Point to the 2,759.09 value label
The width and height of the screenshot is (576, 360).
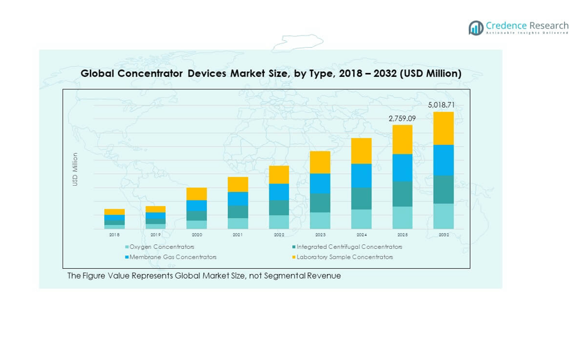[402, 118]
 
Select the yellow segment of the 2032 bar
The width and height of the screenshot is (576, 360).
[444, 128]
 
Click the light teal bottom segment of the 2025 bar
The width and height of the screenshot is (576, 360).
[402, 218]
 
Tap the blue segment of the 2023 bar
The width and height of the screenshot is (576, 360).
[320, 183]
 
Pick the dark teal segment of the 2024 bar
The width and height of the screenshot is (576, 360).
[361, 198]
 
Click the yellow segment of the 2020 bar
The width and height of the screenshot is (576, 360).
[197, 194]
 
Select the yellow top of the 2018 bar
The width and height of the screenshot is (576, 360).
[115, 212]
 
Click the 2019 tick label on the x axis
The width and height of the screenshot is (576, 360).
[156, 235]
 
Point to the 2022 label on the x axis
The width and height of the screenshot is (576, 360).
[279, 235]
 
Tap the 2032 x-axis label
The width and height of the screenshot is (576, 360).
[444, 235]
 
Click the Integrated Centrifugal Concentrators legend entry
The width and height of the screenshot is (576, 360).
[349, 247]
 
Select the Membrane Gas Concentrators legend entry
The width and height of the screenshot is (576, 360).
[173, 257]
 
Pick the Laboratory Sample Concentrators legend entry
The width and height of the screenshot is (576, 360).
[344, 257]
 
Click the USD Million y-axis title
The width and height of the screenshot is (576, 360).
[75, 169]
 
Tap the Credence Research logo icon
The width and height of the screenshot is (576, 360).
[476, 28]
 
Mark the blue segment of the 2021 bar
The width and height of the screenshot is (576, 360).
[238, 199]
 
